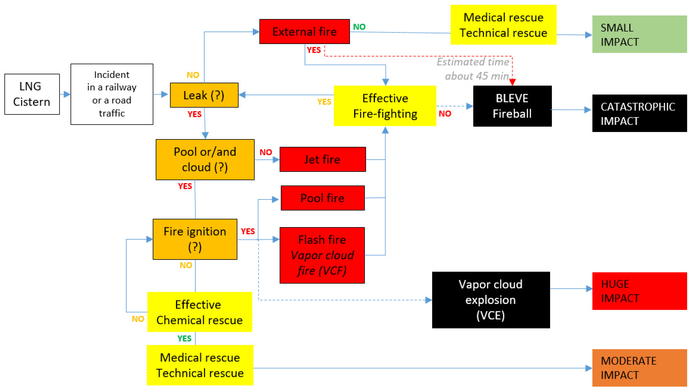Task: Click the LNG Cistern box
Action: (32, 94)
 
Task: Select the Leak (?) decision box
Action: (204, 95)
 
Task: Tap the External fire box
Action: (305, 32)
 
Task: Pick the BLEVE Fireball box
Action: (512, 106)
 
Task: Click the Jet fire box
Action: (323, 159)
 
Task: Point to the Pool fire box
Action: (323, 198)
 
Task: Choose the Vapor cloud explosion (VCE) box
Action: (491, 300)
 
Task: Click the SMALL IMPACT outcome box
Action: (639, 34)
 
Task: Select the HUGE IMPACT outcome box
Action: (639, 291)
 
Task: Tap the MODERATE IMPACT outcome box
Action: (639, 368)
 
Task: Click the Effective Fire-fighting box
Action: (385, 106)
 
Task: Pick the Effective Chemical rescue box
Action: (200, 312)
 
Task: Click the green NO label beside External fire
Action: (359, 27)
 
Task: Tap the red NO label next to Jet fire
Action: (266, 152)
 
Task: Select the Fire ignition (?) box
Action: (195, 239)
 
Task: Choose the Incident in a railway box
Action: (112, 94)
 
